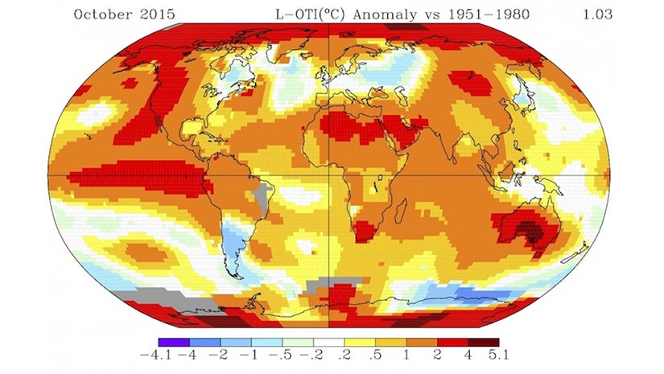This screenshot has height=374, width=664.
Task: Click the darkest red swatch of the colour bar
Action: [x=485, y=342]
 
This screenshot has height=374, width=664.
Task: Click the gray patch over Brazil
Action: [x=260, y=195]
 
